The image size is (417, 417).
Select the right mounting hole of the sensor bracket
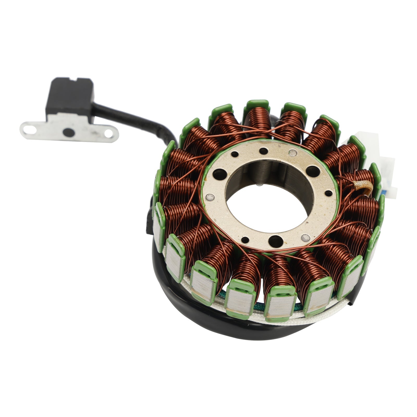[108, 134]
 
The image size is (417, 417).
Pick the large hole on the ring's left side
[218, 173]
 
